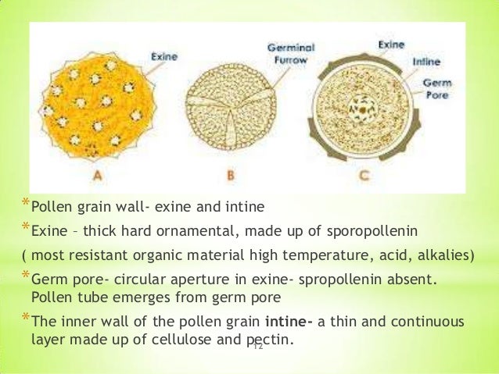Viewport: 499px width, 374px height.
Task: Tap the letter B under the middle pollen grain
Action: coord(231,176)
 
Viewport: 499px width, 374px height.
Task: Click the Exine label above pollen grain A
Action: coord(166,56)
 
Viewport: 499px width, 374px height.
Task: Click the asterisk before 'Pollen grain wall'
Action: coord(25,205)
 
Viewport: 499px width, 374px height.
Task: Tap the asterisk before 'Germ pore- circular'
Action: coord(25,276)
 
